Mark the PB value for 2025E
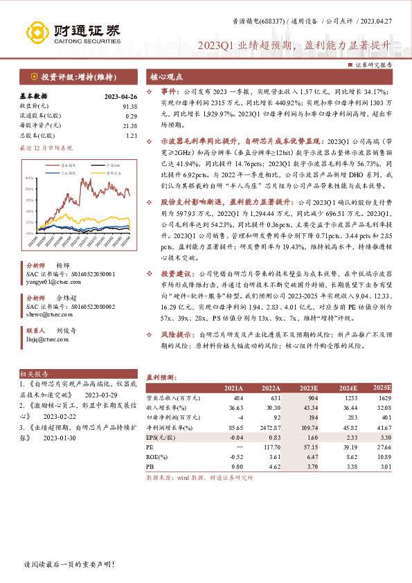pyautogui.click(x=384, y=467)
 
